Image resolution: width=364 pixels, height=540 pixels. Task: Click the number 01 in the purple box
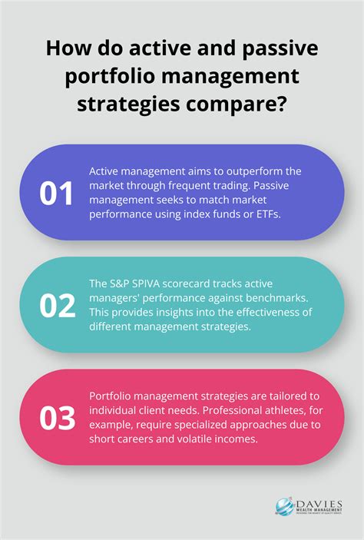(57, 194)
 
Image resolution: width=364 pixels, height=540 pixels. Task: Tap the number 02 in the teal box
(58, 306)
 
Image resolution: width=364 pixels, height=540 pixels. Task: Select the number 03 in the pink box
(58, 418)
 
